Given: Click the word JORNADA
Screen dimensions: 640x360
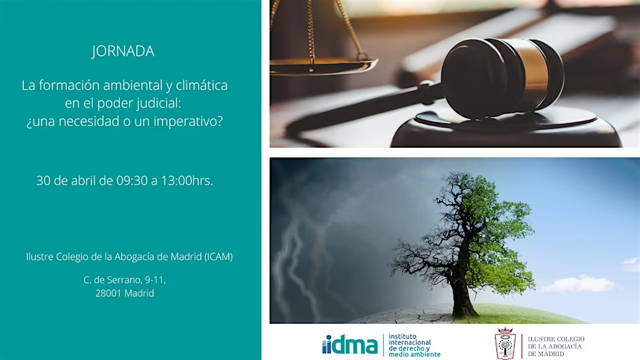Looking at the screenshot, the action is (123, 52).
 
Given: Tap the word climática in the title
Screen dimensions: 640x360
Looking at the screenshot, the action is (202, 85).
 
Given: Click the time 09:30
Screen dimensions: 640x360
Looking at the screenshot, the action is (132, 180).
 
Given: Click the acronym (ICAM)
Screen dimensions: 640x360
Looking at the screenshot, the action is (219, 257).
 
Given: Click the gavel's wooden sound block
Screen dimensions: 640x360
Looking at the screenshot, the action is (506, 129).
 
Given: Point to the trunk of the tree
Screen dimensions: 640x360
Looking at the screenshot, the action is (462, 286).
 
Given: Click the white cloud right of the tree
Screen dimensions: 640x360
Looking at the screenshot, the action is (578, 284).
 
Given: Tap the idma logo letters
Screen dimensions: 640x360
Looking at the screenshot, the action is (349, 345).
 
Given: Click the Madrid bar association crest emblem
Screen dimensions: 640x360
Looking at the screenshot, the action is (505, 344).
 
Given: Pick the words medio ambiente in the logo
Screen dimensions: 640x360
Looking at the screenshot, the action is (414, 355).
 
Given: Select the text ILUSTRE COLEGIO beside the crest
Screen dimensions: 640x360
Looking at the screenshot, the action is (556, 339).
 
